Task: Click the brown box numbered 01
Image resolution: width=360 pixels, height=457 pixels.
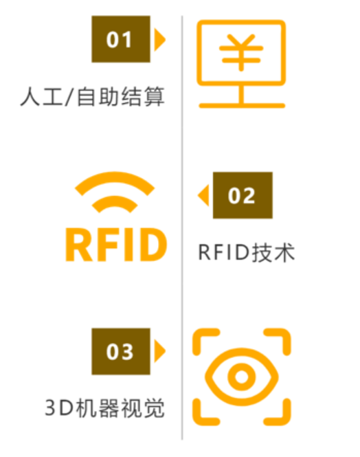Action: (x=121, y=39)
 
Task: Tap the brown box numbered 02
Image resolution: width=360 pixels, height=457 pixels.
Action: (x=243, y=195)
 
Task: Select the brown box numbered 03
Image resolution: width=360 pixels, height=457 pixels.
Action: (x=121, y=351)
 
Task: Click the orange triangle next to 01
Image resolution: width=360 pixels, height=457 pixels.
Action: (x=159, y=40)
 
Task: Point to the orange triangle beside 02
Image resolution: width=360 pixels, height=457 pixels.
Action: (x=203, y=195)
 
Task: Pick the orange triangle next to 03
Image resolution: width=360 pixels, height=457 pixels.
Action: (x=159, y=351)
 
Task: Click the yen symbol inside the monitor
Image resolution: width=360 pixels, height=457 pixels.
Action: (x=241, y=52)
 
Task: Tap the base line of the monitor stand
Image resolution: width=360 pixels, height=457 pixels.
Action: (x=242, y=106)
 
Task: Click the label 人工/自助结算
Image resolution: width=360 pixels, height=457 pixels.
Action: (x=92, y=96)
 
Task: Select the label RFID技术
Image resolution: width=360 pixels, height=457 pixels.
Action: (x=247, y=252)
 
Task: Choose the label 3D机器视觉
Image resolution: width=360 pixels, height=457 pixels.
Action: (x=104, y=408)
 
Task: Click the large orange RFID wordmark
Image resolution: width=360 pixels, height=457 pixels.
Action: (x=116, y=245)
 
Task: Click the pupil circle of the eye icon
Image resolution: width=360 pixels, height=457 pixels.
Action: (x=241, y=377)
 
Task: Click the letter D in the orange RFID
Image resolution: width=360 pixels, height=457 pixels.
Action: (x=153, y=245)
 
